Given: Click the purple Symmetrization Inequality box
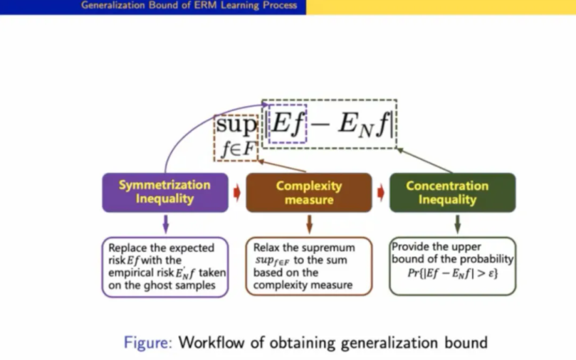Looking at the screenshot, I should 165,192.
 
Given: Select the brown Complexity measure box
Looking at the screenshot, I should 309,192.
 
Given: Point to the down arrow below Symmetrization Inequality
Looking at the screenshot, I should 165,224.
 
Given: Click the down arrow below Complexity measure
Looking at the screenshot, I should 309,224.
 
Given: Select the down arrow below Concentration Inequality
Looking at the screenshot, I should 457,224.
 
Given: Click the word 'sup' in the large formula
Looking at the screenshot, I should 236,126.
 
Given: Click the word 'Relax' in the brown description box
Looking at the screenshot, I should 268,248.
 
